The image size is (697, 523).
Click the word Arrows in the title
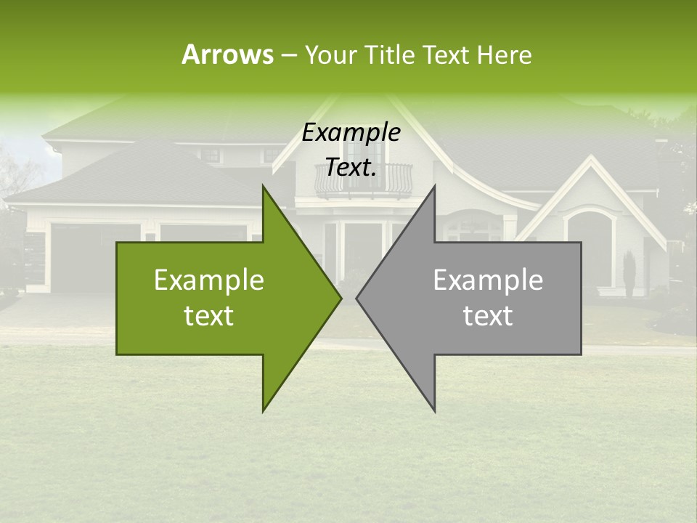pyautogui.click(x=227, y=54)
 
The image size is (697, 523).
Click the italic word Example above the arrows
pyautogui.click(x=351, y=133)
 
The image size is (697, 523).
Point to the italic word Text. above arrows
pyautogui.click(x=351, y=168)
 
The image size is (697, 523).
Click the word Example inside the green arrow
pyautogui.click(x=208, y=280)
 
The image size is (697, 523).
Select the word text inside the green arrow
pyautogui.click(x=208, y=316)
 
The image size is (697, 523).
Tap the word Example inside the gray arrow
pyautogui.click(x=488, y=280)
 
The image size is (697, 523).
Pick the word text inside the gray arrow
pyautogui.click(x=488, y=316)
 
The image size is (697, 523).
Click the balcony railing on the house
pyautogui.click(x=363, y=179)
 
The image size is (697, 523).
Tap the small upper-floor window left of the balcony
pyautogui.click(x=212, y=155)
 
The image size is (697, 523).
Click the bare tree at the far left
pyautogui.click(x=13, y=174)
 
